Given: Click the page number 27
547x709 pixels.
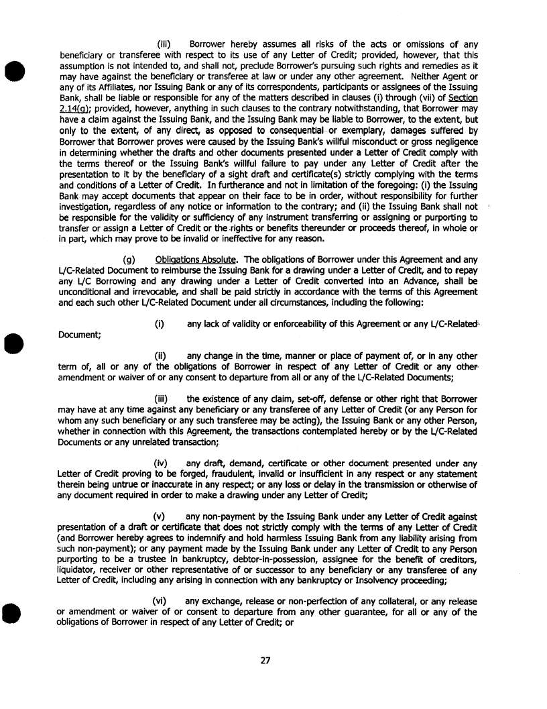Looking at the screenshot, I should pyautogui.click(x=265, y=660).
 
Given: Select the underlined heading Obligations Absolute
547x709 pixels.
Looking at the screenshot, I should pyautogui.click(x=195, y=259).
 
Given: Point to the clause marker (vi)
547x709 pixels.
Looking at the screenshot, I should pyautogui.click(x=160, y=602).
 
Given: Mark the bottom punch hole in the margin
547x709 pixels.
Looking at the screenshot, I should pyautogui.click(x=13, y=612).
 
